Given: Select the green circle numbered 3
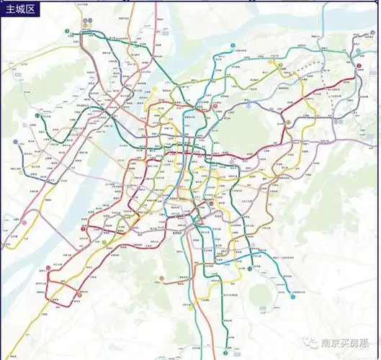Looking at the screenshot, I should click(x=66, y=32).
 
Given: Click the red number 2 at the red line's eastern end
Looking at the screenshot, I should click(x=358, y=66).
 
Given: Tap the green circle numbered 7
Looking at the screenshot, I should click(x=279, y=65).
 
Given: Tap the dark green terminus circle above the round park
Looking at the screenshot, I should click(x=249, y=269).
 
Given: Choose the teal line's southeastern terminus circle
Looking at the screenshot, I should click(x=293, y=296).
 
